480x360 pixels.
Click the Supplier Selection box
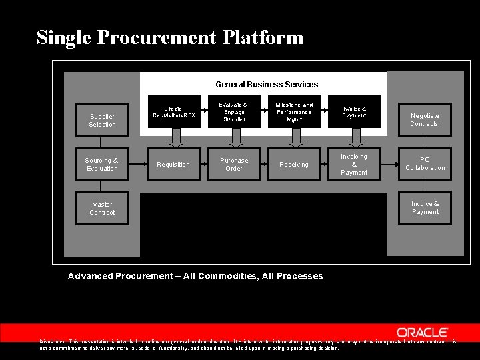click(102, 120)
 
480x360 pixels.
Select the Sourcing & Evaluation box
click(102, 164)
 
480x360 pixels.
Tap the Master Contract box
click(102, 208)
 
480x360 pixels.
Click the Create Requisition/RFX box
click(173, 112)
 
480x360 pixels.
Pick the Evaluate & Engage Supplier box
click(234, 112)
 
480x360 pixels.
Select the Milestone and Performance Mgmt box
click(294, 112)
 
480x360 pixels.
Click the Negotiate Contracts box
click(425, 120)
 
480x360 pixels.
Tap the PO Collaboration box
click(425, 164)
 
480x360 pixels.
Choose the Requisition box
click(173, 165)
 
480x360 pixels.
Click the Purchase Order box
click(234, 165)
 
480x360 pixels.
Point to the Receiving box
click(294, 165)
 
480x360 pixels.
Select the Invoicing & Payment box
click(354, 165)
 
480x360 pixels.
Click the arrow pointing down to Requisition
click(175, 137)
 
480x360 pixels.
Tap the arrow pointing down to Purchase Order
click(235, 137)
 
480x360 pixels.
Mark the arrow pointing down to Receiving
click(295, 137)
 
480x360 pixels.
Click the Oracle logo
click(423, 332)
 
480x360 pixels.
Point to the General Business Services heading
click(267, 85)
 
